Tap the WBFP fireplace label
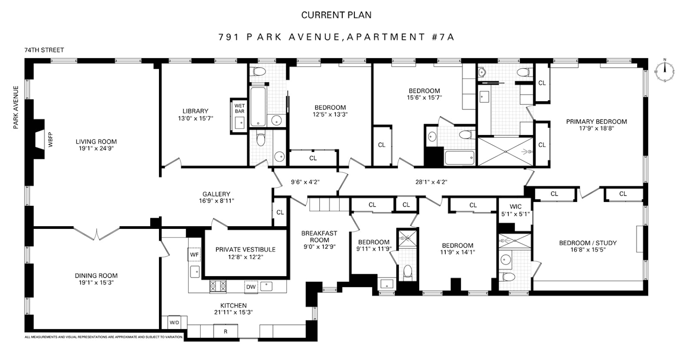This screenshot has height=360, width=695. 50,139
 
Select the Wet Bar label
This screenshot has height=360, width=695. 239,109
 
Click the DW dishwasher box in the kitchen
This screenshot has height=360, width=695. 251,287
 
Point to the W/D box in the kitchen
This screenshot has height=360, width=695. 174,323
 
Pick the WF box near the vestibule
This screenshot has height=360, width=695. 194,254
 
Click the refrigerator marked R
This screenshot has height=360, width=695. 225,331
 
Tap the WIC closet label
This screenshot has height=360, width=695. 516,207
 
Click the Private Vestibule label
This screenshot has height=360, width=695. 245,249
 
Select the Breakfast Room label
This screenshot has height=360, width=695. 319,237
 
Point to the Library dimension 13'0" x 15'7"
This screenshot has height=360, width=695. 195,118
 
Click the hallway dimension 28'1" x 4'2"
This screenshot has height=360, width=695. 431,182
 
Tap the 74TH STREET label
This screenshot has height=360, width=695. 44,50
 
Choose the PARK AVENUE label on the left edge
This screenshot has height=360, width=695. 16,107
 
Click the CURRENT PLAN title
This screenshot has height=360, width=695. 336,15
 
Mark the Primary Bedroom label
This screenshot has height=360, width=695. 596,122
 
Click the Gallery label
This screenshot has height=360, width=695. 216,194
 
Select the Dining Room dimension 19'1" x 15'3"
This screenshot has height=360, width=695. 96,282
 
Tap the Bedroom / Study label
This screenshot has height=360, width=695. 588,243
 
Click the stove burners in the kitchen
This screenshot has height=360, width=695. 218,286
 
